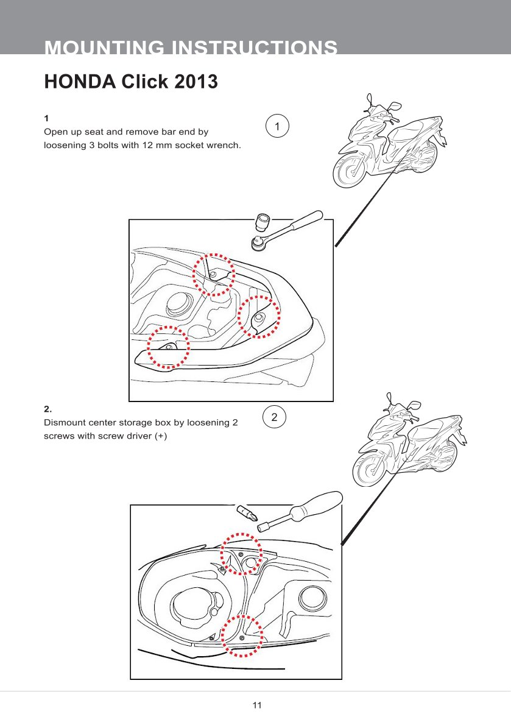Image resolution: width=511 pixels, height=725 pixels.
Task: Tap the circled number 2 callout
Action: point(275,418)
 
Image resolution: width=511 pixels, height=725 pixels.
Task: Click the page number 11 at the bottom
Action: point(256,706)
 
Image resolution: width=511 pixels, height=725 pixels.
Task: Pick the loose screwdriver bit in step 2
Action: point(246,512)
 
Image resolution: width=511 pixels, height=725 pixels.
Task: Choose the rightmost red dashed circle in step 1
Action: point(259,317)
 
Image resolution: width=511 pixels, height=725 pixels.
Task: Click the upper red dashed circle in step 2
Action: point(241,554)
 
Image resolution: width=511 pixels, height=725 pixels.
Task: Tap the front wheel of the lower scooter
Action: point(372,470)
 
